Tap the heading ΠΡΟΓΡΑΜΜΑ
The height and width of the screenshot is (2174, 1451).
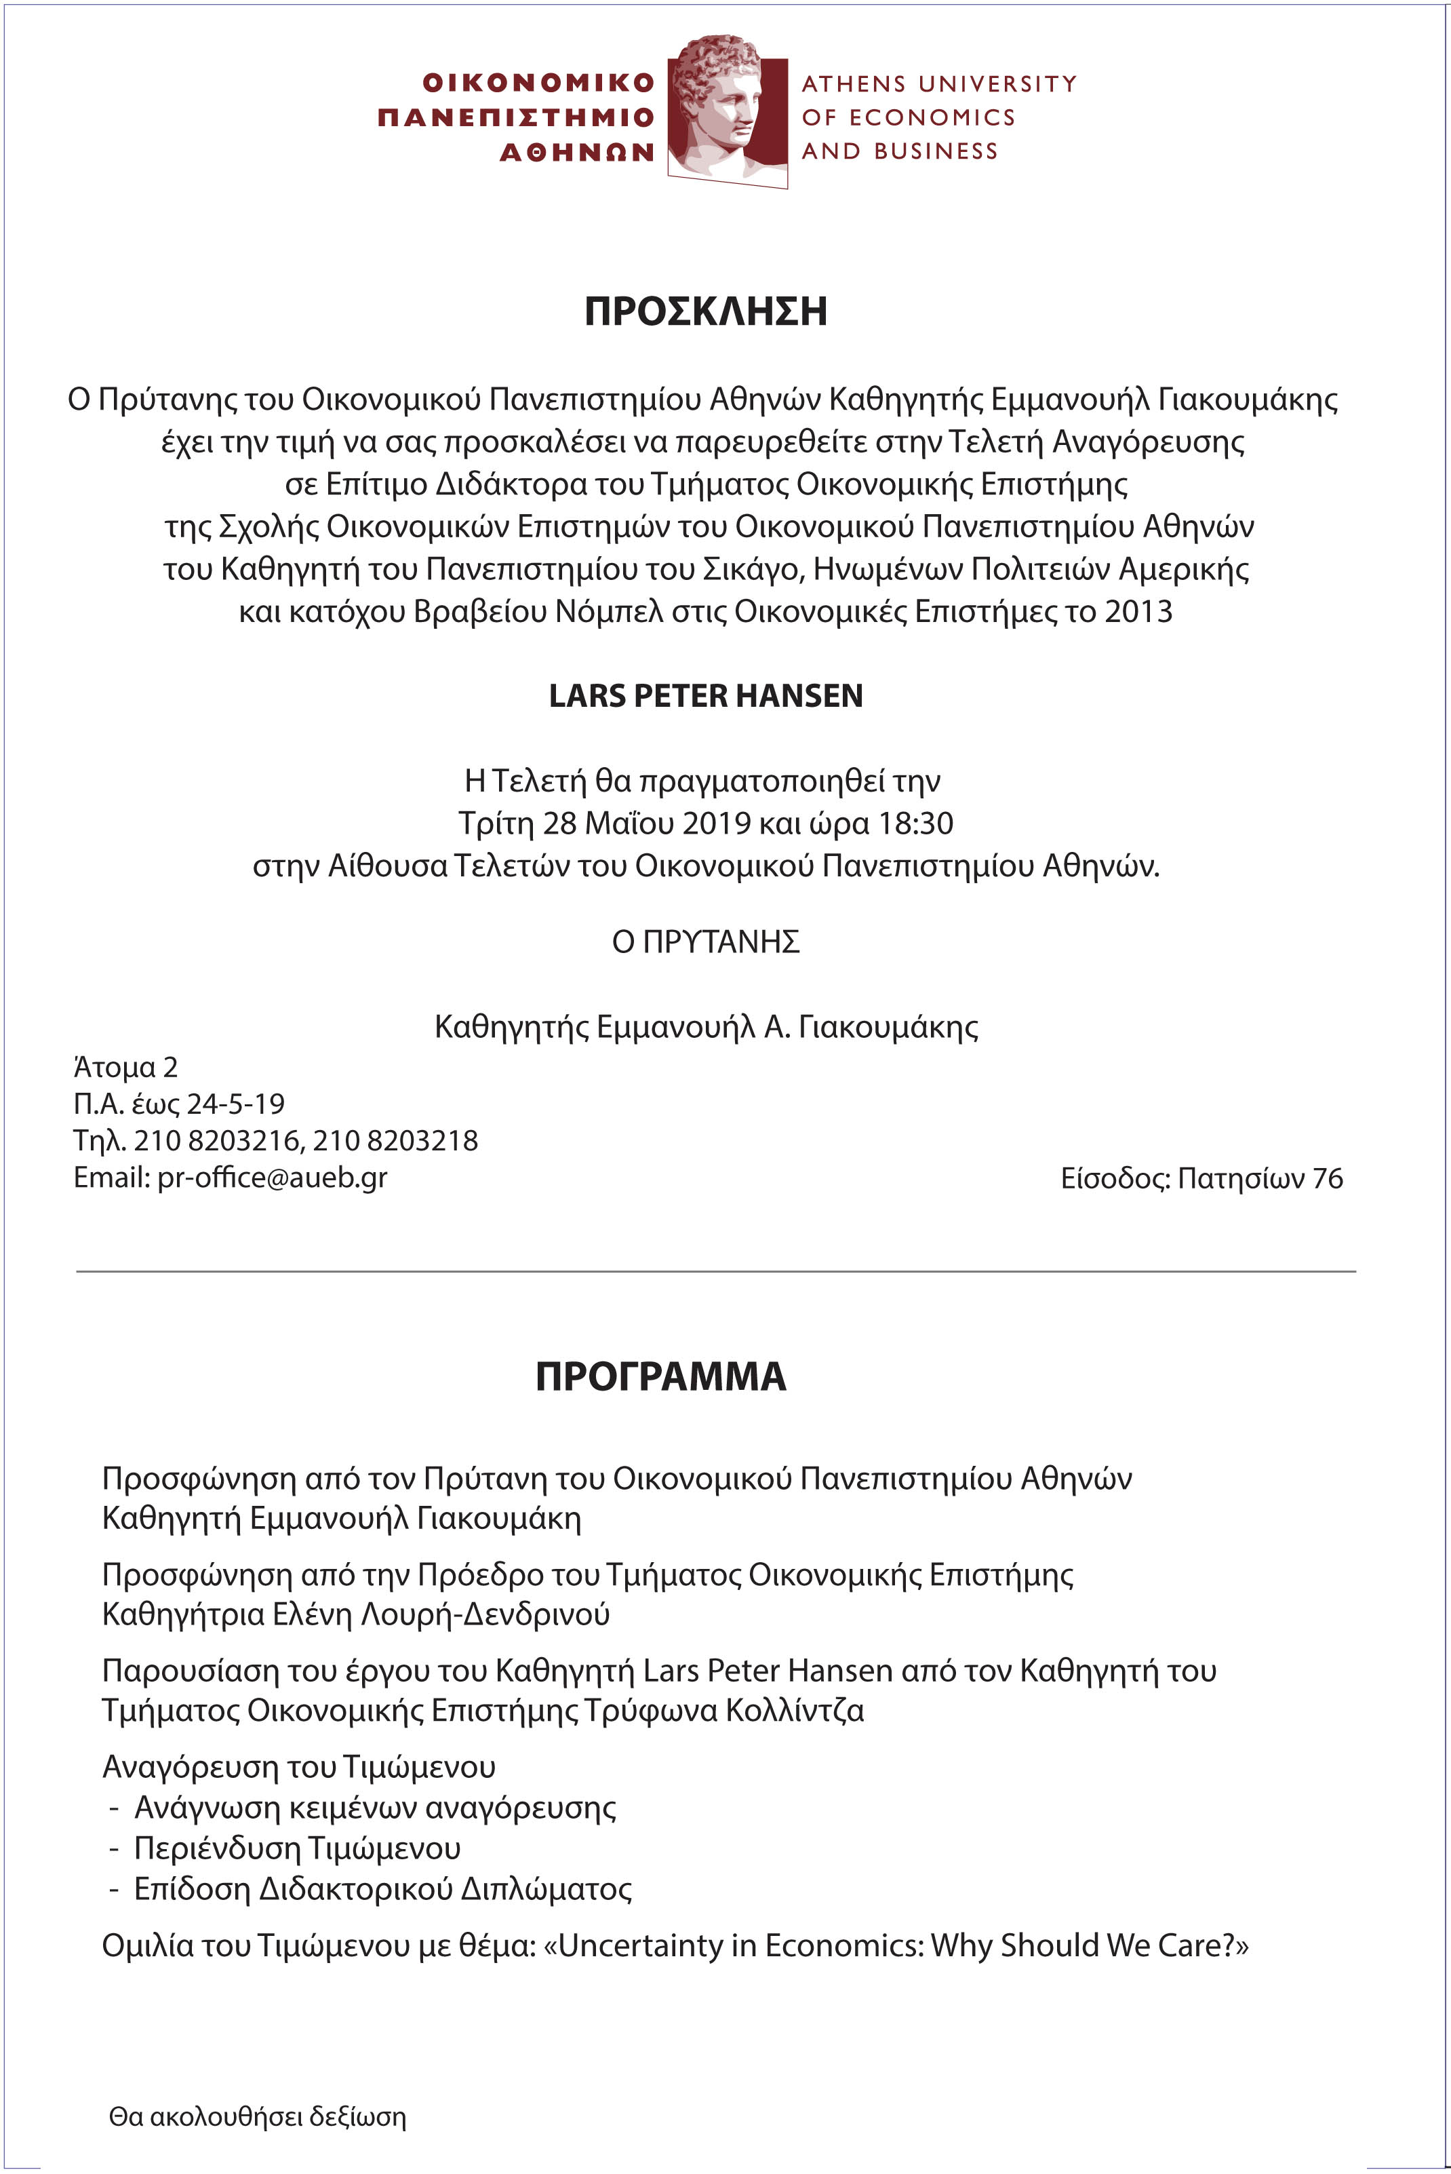tap(660, 1376)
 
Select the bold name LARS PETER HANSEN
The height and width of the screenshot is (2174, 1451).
tap(705, 696)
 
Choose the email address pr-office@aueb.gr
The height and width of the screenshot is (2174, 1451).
tap(272, 1178)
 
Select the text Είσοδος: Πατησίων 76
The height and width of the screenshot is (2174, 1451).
tap(1201, 1178)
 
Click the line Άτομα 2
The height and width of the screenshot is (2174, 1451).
tap(125, 1067)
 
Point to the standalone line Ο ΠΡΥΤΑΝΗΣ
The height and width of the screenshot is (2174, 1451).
tap(705, 942)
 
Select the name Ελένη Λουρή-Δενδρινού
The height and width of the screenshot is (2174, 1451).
tap(441, 1614)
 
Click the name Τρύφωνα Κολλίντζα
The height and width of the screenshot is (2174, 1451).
tap(723, 1710)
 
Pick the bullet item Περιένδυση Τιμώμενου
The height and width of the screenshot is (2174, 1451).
tap(297, 1848)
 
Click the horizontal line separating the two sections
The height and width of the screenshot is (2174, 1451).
tap(715, 1272)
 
